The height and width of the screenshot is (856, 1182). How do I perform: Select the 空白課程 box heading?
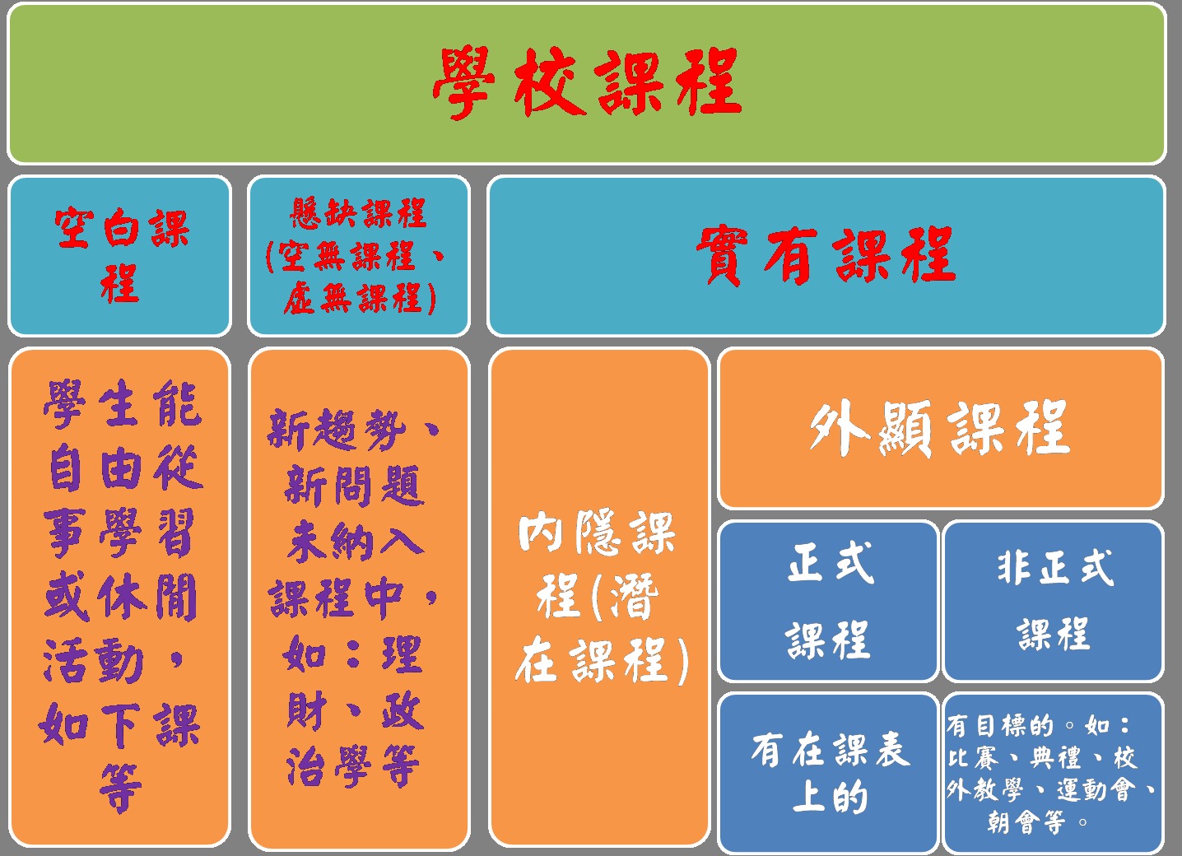[120, 255]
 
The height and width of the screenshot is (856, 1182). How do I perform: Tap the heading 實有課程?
[826, 255]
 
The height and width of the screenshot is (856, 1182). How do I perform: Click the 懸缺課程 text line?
[359, 213]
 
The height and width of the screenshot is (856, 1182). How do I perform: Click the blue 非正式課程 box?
[1054, 601]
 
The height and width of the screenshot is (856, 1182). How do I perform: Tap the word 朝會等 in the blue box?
[1026, 821]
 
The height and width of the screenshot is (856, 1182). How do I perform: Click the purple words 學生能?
[123, 403]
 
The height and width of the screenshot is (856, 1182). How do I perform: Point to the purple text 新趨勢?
[337, 430]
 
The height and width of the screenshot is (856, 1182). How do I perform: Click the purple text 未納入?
[356, 541]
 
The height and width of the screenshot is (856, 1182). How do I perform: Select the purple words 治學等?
[352, 766]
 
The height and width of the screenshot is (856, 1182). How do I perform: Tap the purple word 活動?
[93, 661]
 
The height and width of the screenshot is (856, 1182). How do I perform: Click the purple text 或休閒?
[120, 597]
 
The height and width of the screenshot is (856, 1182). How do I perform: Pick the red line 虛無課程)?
[360, 299]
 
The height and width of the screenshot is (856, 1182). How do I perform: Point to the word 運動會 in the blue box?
[1096, 790]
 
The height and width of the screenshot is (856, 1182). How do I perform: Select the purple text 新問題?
[354, 486]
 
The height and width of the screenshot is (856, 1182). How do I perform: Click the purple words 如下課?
[119, 725]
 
